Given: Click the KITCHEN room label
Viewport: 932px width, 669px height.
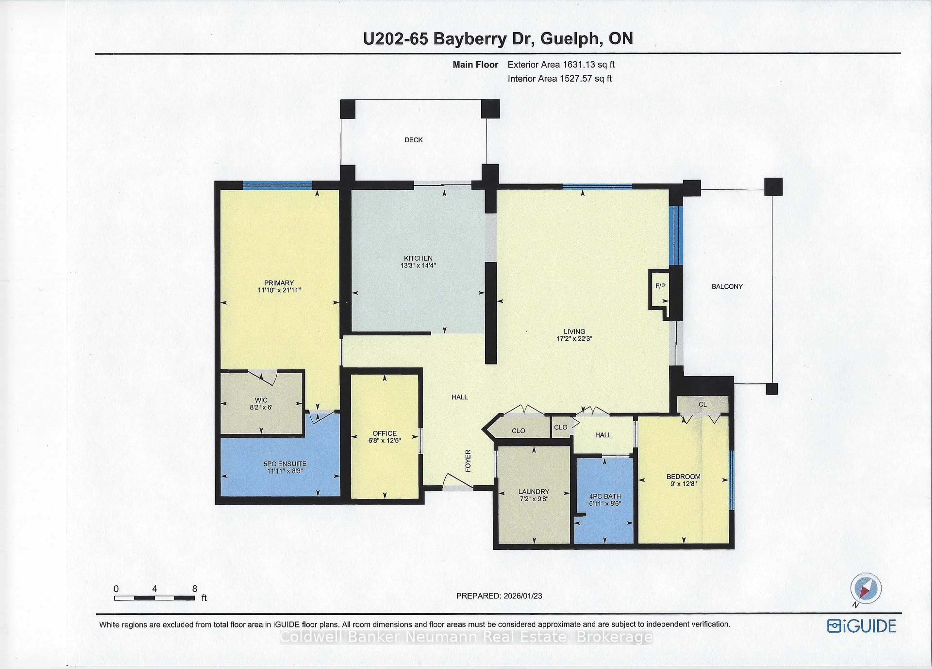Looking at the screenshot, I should point(418,258).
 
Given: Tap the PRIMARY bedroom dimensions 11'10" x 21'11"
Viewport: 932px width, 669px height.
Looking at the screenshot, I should point(279,290).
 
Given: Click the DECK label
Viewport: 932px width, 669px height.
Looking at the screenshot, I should point(413,140).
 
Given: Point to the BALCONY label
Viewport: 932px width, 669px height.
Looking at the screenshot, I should point(727,286).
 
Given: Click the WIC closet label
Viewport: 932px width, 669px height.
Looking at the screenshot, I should point(261,400).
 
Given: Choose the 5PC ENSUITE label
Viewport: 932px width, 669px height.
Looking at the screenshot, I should point(285,464).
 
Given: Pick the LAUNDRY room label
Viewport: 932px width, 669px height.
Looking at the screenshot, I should point(533,492).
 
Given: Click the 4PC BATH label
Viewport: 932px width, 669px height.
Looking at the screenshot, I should point(605,496).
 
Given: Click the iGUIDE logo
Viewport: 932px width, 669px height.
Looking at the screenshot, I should point(861,626).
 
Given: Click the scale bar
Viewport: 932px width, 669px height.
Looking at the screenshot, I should point(155,598).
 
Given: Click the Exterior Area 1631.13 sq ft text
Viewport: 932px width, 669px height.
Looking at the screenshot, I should point(561,65).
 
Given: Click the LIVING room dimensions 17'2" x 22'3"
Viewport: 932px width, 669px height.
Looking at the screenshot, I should point(574,339).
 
